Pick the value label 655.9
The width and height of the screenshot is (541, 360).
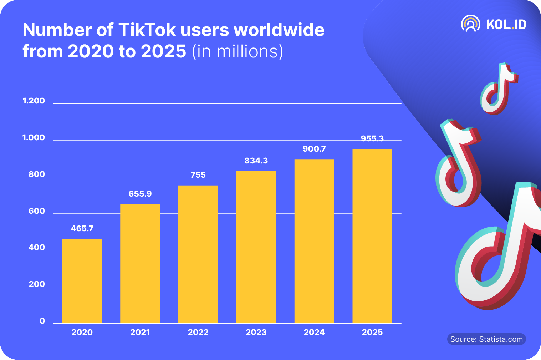(140, 194)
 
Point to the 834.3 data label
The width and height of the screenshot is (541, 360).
(256, 161)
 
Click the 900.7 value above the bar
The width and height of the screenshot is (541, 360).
(314, 149)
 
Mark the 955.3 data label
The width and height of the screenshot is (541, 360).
(372, 138)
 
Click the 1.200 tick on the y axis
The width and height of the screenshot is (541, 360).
(34, 101)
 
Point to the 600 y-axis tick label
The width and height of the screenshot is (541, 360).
(37, 211)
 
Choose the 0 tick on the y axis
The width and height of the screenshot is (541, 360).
(42, 321)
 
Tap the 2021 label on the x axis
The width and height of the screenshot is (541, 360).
(140, 332)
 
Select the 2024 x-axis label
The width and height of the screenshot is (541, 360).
(314, 332)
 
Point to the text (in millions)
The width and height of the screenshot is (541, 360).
(238, 51)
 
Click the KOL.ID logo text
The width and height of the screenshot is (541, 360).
(506, 24)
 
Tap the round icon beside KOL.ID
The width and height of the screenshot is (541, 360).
(470, 24)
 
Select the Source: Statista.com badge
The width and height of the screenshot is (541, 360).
(486, 339)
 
